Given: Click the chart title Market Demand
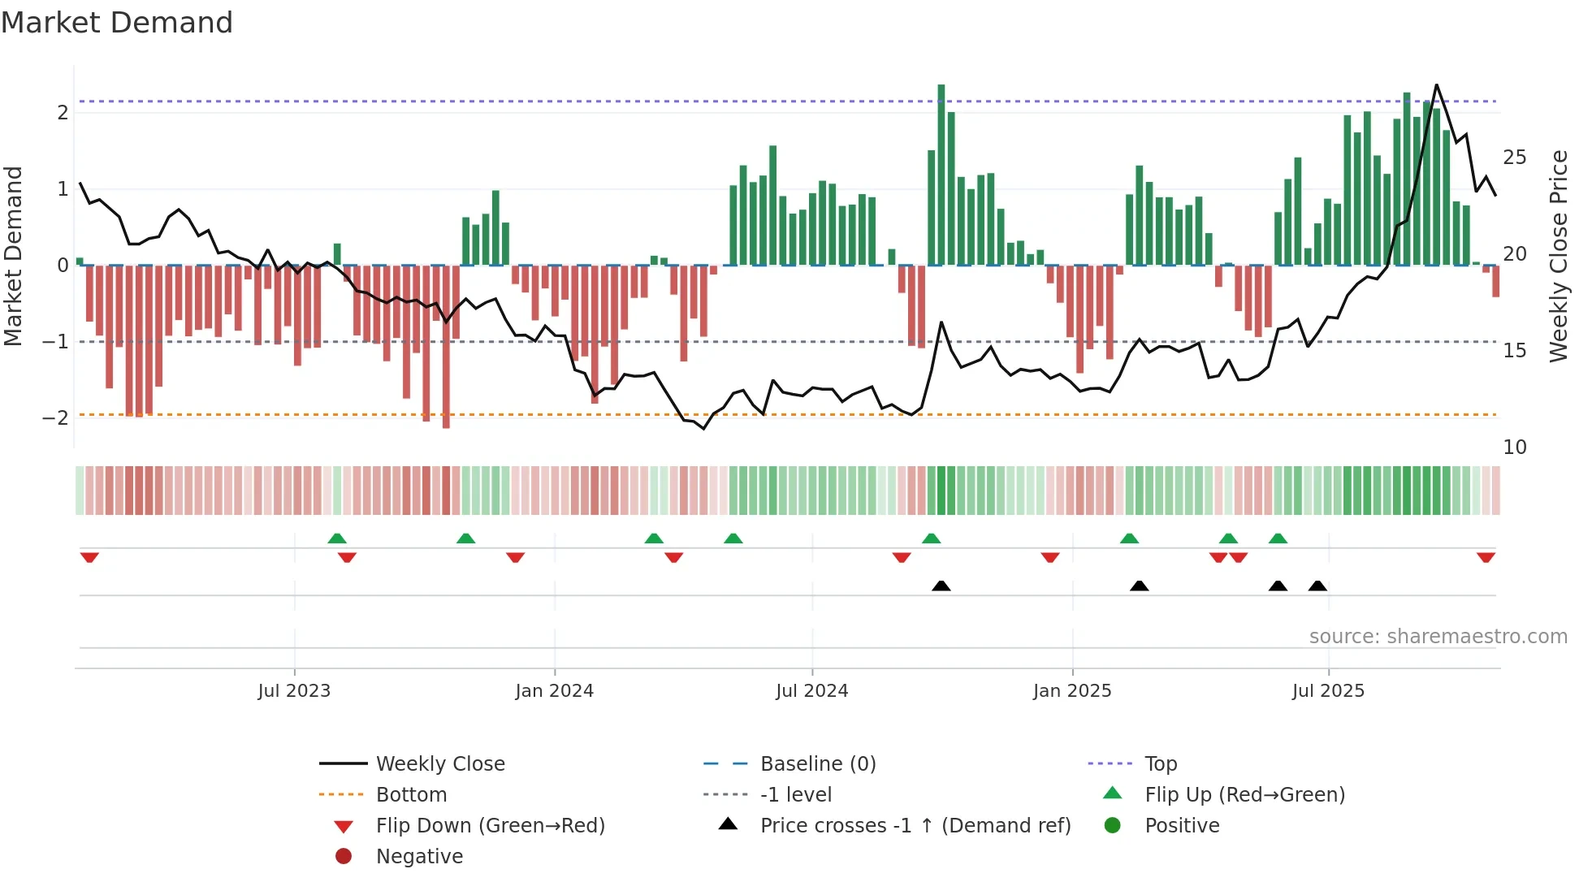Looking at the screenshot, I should pos(117,23).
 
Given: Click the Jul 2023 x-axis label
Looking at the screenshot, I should pos(294,691).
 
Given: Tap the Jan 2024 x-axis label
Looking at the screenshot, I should pos(554,691).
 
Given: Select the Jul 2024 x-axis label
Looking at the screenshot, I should pos(811,691).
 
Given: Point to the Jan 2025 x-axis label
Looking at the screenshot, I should pos(1072,691).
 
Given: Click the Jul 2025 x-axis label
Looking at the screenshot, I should pos(1328,691).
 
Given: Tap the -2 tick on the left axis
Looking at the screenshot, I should pos(55,418).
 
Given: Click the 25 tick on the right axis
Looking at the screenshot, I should pos(1514,158).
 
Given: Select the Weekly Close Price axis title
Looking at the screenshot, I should pos(1558,256).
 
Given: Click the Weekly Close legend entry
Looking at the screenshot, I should pos(439,764).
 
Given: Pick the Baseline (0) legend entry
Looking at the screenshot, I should pos(817,764).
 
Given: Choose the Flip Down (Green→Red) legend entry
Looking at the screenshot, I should pos(490,826).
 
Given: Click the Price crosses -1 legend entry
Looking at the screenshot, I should pos(915,826).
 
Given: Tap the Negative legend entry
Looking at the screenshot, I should pos(419,857).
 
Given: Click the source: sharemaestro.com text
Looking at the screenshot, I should pos(1438,637).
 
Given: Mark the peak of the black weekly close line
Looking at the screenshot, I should pos(1436,85).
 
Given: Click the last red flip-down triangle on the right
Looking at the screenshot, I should pos(1486,557).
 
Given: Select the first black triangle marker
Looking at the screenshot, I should pos(941,586).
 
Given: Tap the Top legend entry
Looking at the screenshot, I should pos(1160,764).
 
